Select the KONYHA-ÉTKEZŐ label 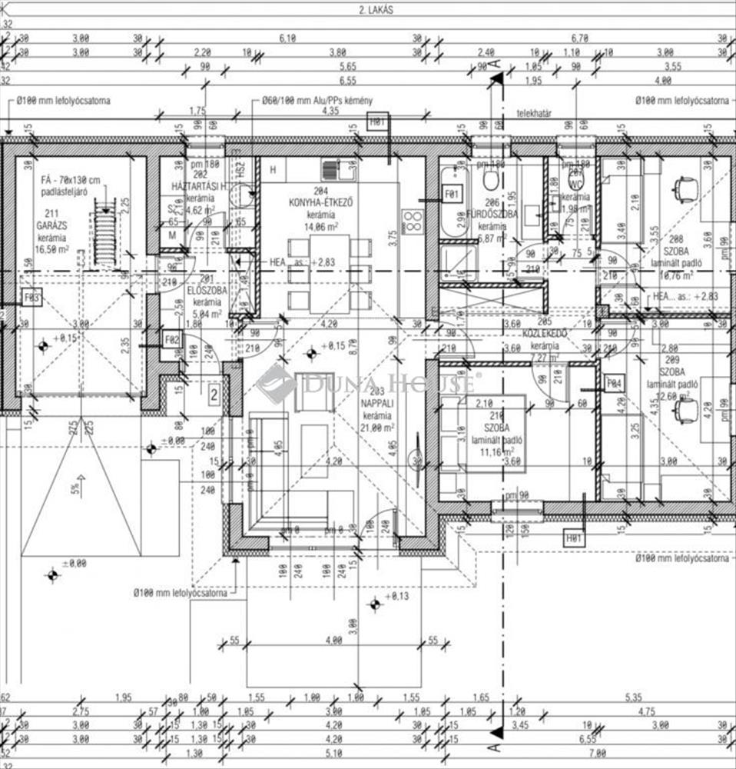320,202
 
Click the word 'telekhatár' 535,112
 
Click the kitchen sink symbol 331,171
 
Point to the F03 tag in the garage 31,298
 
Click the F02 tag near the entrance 172,338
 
